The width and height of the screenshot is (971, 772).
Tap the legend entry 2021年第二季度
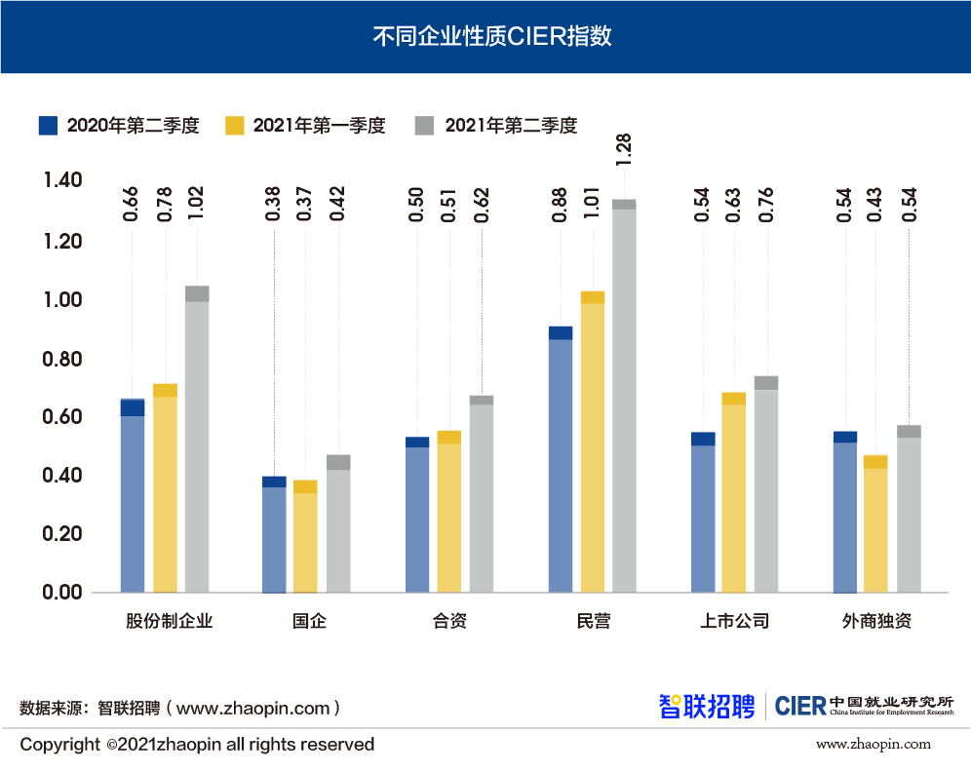[x=496, y=126]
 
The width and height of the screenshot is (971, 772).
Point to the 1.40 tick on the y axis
[x=62, y=180]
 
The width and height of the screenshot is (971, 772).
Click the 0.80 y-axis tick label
[x=62, y=359]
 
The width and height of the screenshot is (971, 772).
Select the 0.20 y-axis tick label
[x=62, y=534]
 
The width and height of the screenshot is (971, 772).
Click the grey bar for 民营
[x=624, y=400]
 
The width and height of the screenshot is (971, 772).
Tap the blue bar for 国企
[x=274, y=536]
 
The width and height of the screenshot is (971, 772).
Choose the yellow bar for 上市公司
[x=733, y=497]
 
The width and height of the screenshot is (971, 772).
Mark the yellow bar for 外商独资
[x=875, y=526]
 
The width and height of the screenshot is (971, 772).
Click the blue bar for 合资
[x=417, y=517]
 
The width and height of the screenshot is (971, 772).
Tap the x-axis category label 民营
[x=593, y=621]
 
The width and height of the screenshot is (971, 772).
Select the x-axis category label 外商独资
[x=876, y=621]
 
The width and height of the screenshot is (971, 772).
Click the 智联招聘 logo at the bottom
[x=707, y=706]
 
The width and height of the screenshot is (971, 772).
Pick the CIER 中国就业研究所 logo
[x=864, y=705]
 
